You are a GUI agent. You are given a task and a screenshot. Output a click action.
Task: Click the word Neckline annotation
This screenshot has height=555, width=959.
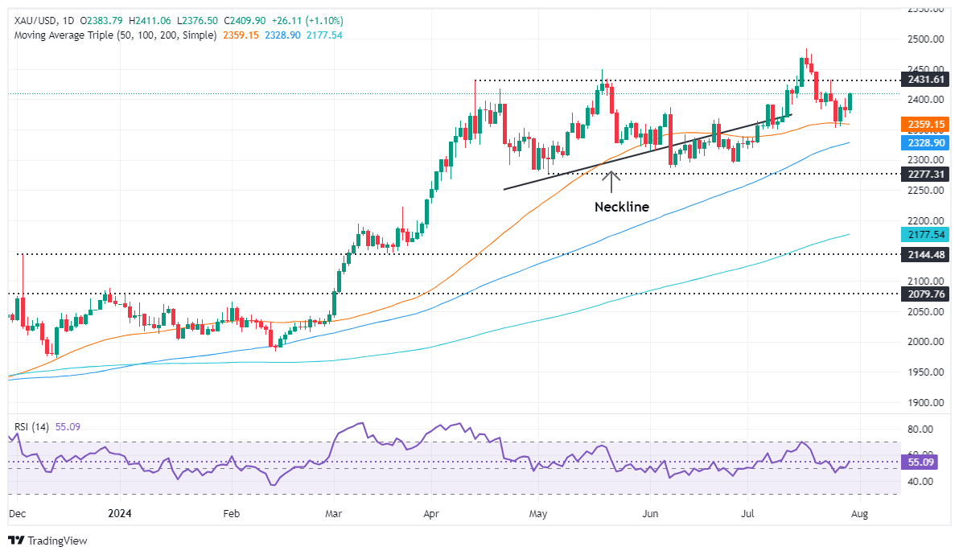[x=621, y=207]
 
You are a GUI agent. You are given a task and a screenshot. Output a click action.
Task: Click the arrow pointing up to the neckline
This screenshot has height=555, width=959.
[x=611, y=181]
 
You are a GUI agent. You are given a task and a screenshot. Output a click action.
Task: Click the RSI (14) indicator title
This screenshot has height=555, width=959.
[x=31, y=427]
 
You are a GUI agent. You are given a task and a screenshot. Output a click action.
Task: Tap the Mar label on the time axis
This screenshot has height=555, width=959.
[x=331, y=511]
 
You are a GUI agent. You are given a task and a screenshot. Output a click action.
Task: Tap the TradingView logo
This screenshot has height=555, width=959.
[x=47, y=541]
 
